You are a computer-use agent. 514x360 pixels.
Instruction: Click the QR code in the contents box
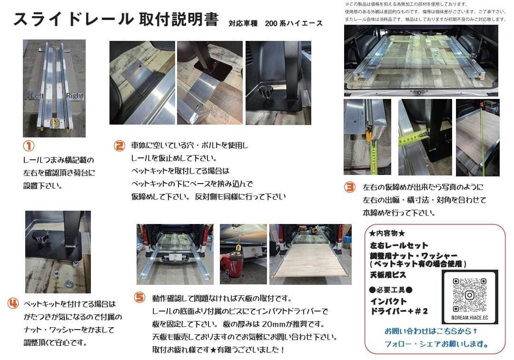click(x=469, y=295)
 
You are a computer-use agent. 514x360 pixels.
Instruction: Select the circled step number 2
click(x=119, y=146)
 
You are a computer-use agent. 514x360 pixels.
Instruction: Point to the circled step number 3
click(x=350, y=187)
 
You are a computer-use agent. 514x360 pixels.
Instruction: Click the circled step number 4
click(x=14, y=303)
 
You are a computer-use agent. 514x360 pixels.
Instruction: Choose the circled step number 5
click(x=139, y=298)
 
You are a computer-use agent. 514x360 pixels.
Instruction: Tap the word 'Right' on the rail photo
click(x=74, y=96)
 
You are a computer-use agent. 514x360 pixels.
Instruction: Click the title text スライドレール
click(x=72, y=19)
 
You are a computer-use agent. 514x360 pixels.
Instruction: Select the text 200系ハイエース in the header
click(x=294, y=23)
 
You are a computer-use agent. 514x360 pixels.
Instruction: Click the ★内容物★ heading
click(x=387, y=234)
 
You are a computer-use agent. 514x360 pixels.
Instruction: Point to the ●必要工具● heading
click(x=390, y=290)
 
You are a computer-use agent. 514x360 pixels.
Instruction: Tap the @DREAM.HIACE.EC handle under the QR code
click(x=469, y=318)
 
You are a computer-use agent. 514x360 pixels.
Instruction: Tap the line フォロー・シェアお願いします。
click(x=437, y=344)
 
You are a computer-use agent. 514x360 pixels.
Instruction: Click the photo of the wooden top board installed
click(x=310, y=254)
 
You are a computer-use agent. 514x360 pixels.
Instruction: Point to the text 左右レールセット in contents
click(x=399, y=246)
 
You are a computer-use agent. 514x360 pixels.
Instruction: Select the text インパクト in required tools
click(x=388, y=302)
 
